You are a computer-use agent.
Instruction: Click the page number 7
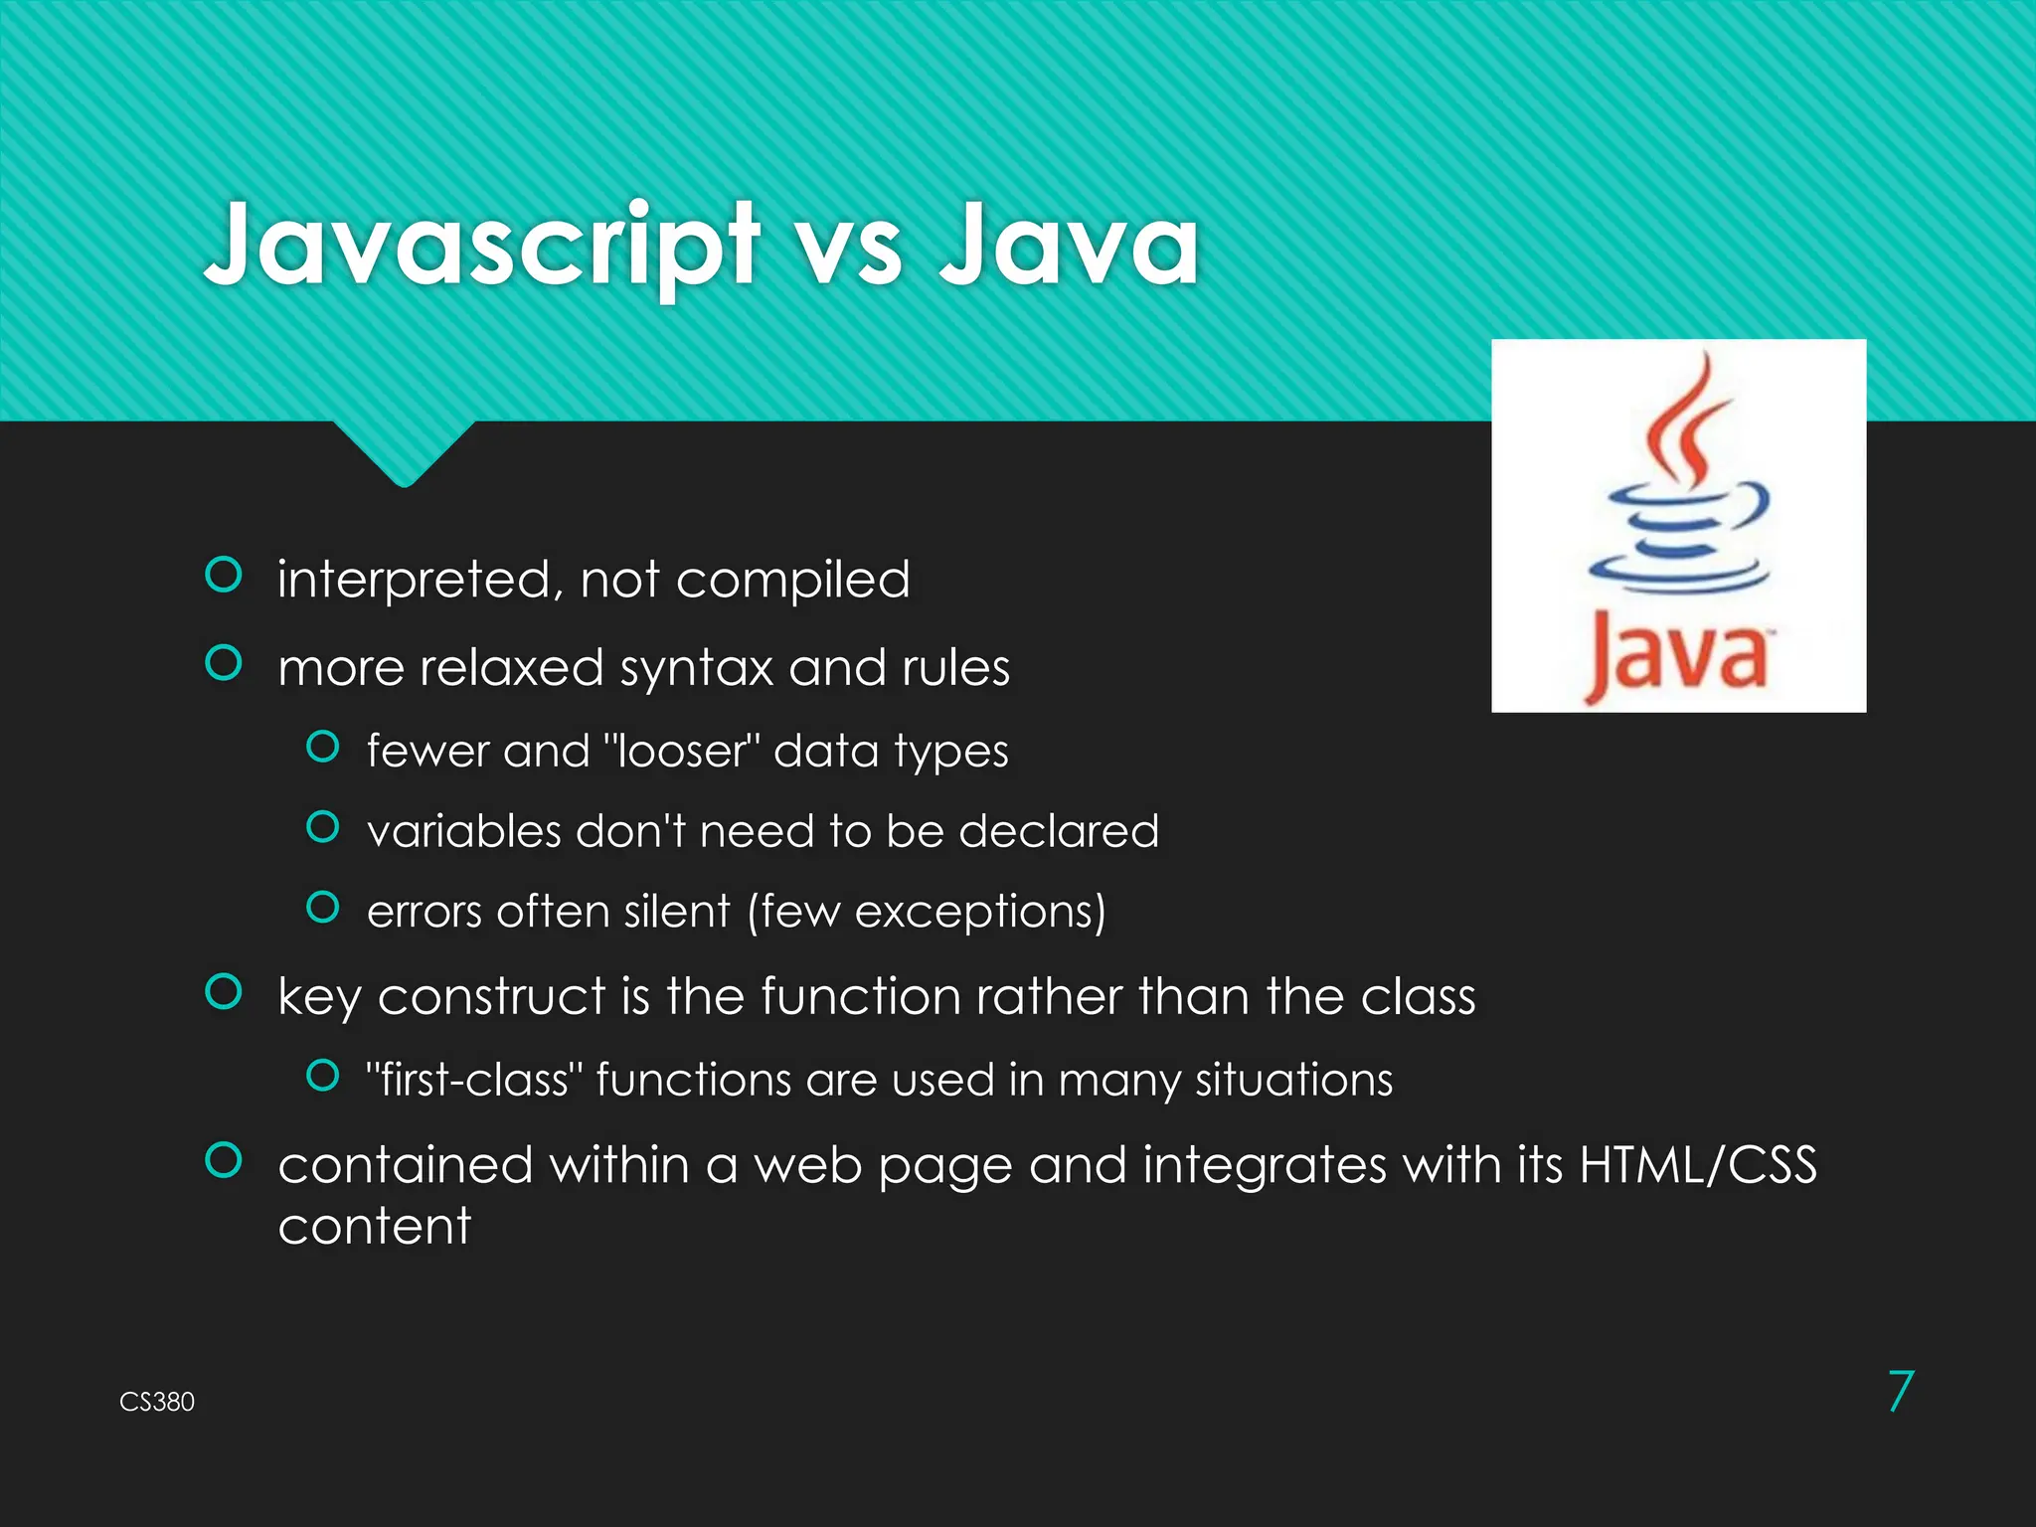pos(1900,1391)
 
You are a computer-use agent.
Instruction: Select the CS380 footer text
pos(157,1402)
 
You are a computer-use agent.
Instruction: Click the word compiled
pos(792,580)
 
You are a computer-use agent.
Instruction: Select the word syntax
pos(696,668)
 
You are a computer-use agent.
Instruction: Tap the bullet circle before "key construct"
pos(224,991)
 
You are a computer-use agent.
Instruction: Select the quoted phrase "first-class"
pos(473,1080)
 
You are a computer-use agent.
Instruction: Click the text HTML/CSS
pos(1698,1165)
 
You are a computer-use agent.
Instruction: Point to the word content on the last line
pos(374,1226)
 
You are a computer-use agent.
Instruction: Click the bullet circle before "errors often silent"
pos(323,907)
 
